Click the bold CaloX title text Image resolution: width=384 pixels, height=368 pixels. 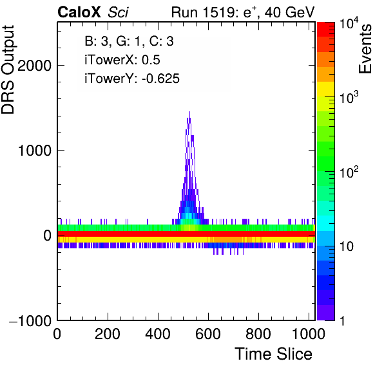pyautogui.click(x=79, y=12)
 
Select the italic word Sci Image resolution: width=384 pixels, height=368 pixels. pyautogui.click(x=118, y=12)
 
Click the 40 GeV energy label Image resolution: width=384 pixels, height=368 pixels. pyautogui.click(x=289, y=12)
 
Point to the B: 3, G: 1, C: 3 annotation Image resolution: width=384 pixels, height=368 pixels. pyautogui.click(x=129, y=41)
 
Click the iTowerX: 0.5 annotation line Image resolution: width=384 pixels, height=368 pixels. pyautogui.click(x=122, y=60)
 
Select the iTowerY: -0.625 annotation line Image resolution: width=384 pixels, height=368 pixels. pyautogui.click(x=132, y=78)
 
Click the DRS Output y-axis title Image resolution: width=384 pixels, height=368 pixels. pyautogui.click(x=8, y=69)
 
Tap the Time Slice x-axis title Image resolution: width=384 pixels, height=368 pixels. pyautogui.click(x=273, y=354)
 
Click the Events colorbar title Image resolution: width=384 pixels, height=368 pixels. pyautogui.click(x=365, y=49)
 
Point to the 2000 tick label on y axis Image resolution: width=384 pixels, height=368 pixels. pyautogui.click(x=34, y=66)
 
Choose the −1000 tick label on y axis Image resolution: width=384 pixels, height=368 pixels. pyautogui.click(x=30, y=320)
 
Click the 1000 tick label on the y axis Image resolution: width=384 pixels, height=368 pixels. pyautogui.click(x=35, y=151)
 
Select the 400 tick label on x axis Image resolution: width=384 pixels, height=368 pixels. pyautogui.click(x=158, y=333)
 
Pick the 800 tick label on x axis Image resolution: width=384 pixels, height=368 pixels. pyautogui.click(x=258, y=333)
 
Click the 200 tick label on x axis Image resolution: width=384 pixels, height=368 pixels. pyautogui.click(x=107, y=333)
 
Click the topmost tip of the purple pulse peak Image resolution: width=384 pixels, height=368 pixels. pyautogui.click(x=189, y=112)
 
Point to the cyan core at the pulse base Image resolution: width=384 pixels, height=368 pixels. pyautogui.click(x=188, y=216)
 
